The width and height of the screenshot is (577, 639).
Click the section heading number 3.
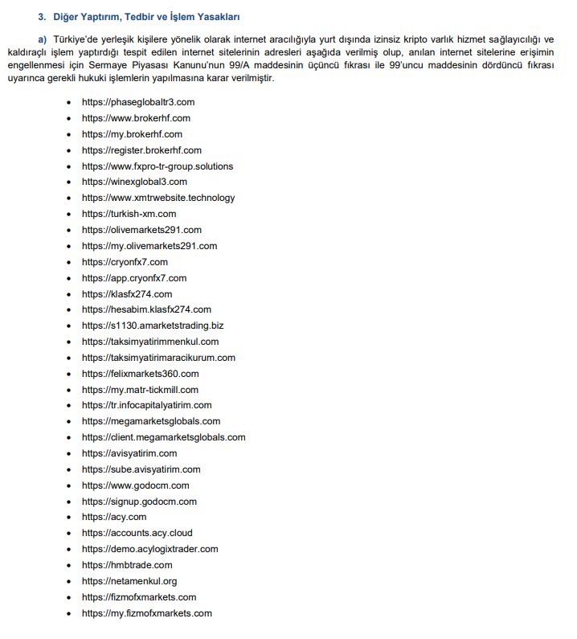click(42, 16)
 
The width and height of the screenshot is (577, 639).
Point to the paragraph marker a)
click(43, 40)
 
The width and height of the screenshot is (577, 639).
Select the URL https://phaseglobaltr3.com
click(138, 102)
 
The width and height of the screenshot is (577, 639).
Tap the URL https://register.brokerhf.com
click(141, 150)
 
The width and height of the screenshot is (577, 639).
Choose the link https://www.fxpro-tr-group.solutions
click(158, 166)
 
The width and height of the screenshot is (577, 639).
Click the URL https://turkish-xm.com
click(129, 214)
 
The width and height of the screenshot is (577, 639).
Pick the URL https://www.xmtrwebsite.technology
click(158, 198)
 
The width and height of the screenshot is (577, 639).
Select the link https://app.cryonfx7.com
click(134, 278)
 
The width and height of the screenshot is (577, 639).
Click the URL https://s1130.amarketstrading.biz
click(153, 326)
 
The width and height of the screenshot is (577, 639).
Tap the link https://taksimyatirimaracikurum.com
click(158, 358)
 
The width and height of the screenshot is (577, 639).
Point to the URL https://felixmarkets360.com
click(141, 374)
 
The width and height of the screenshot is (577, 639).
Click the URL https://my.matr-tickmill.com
click(141, 390)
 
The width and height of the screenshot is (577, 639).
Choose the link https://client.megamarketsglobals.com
click(164, 437)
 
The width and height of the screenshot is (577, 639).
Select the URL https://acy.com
click(114, 517)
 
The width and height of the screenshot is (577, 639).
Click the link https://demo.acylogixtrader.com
click(150, 549)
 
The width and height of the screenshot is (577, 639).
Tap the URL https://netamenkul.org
click(129, 581)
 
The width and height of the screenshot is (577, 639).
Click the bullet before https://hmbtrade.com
click(72, 565)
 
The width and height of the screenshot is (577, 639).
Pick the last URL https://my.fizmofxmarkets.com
click(147, 613)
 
